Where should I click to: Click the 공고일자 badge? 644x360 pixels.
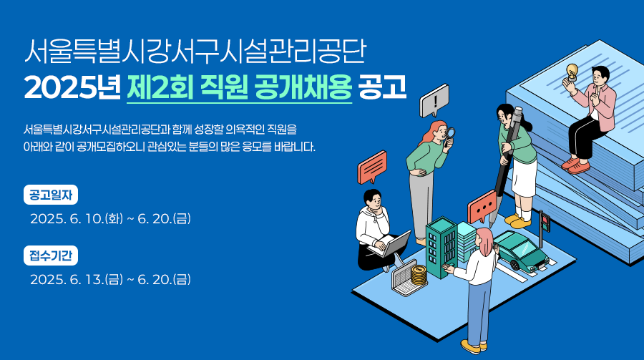point(51,195)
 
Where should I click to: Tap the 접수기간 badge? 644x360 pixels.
point(51,256)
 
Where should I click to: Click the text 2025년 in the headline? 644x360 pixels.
point(72,87)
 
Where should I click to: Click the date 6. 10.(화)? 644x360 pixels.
point(96,218)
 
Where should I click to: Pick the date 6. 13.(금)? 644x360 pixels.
point(96,279)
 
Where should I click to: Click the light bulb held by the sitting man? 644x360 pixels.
point(571,72)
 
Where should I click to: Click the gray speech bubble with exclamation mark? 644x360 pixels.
point(434,101)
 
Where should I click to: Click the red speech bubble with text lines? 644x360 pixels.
point(372,167)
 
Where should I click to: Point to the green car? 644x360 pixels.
point(521,251)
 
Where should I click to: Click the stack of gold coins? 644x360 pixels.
point(419,275)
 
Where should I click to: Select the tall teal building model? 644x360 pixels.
point(441,247)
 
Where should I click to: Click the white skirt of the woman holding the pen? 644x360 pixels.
point(524,177)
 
